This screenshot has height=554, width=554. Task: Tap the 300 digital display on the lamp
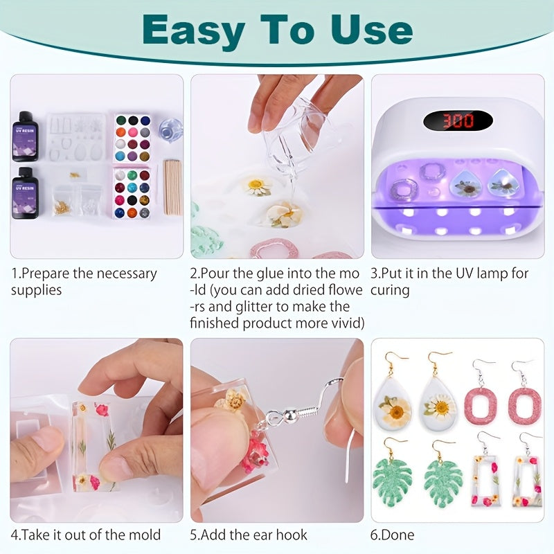coord(458,120)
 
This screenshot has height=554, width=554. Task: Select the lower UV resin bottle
coord(25,193)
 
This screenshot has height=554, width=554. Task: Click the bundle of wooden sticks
coord(172,187)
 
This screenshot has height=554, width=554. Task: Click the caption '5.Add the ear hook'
coord(249,535)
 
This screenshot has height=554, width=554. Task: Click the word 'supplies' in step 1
coord(36,289)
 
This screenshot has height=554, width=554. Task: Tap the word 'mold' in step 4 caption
coord(143,535)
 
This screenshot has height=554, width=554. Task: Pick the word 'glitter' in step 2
coord(253,306)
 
